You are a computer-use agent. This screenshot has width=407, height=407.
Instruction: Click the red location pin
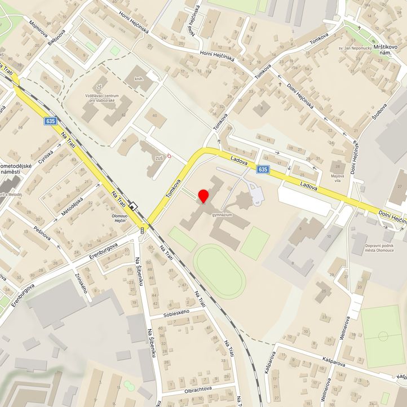pyautogui.click(x=203, y=196)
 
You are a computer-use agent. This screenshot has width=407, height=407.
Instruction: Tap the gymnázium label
pyautogui.click(x=223, y=215)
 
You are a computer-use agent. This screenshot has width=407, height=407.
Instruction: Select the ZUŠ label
pyautogui.click(x=159, y=158)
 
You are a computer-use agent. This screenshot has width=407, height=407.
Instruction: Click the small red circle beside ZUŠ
pyautogui.click(x=169, y=156)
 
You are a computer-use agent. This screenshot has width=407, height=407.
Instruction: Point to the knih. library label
pyautogui.click(x=139, y=79)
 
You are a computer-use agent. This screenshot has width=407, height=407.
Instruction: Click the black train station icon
pyautogui.click(x=133, y=206)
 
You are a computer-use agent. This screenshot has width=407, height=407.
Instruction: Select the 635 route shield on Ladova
pyautogui.click(x=262, y=169)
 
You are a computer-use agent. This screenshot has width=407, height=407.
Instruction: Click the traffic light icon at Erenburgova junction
pyautogui.click(x=142, y=229)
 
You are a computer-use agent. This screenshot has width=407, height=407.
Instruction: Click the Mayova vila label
pyautogui.click(x=337, y=178)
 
